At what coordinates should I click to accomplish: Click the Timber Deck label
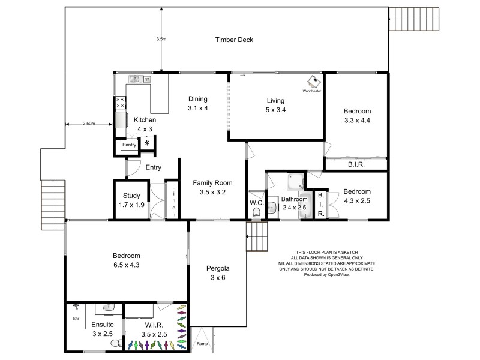point(234,40)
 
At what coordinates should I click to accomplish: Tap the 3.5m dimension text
point(161,39)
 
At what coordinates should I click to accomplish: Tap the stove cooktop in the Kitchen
point(119,103)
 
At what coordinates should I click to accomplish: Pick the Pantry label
point(129,145)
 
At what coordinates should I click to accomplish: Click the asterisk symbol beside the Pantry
point(147,144)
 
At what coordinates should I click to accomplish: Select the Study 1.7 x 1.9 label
point(131,200)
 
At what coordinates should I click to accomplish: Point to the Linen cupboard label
point(173,200)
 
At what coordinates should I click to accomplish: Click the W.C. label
point(257,203)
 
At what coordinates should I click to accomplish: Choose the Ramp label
point(200,344)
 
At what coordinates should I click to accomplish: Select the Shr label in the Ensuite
point(76,319)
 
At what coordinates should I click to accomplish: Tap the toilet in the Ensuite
point(117,344)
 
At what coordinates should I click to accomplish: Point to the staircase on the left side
point(52,201)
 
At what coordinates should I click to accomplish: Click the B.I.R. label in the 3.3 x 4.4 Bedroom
point(356,163)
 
